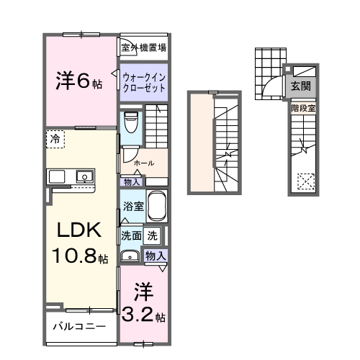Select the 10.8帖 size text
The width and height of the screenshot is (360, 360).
pos(79,256)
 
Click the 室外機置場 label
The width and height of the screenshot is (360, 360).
pos(144,48)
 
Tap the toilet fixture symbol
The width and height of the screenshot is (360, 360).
pos(130,123)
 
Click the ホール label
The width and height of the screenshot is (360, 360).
pos(143,163)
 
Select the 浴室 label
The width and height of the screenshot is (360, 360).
pos(131,205)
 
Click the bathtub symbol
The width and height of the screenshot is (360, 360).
pos(156,207)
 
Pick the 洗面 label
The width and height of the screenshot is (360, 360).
pos(130,235)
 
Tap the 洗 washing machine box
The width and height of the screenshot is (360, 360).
pos(153,235)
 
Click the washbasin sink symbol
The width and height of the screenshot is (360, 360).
pos(131,255)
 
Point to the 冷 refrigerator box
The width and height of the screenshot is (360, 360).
pos(55,138)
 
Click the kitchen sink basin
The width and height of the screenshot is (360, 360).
pos(84,175)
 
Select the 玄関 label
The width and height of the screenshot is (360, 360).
pos(302,85)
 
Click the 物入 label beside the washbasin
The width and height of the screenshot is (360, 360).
pos(156,255)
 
